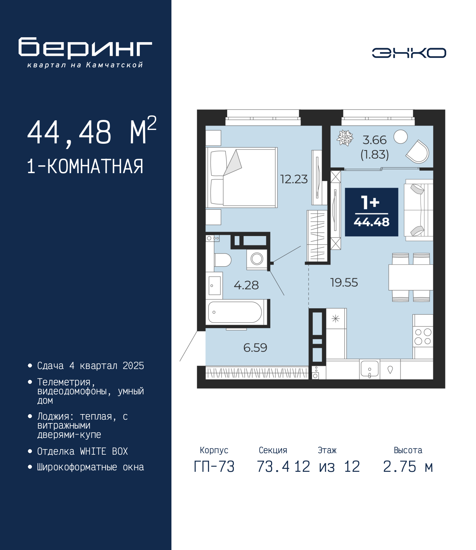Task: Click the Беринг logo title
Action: click(x=85, y=48)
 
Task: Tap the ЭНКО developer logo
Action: click(x=409, y=53)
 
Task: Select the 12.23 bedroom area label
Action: click(x=294, y=179)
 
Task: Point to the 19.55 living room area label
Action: click(x=344, y=282)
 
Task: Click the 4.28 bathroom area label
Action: click(x=246, y=285)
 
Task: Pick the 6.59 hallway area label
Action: click(x=255, y=348)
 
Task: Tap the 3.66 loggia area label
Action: click(x=374, y=140)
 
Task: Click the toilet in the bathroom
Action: click(x=222, y=260)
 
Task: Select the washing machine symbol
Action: click(x=257, y=259)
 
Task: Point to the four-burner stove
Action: click(x=423, y=337)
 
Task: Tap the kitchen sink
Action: click(x=370, y=369)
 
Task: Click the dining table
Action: click(x=411, y=277)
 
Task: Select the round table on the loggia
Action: click(x=401, y=137)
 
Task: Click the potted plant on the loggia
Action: click(x=345, y=138)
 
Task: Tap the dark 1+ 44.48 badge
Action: click(x=372, y=212)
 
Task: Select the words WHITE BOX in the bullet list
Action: click(x=104, y=452)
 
